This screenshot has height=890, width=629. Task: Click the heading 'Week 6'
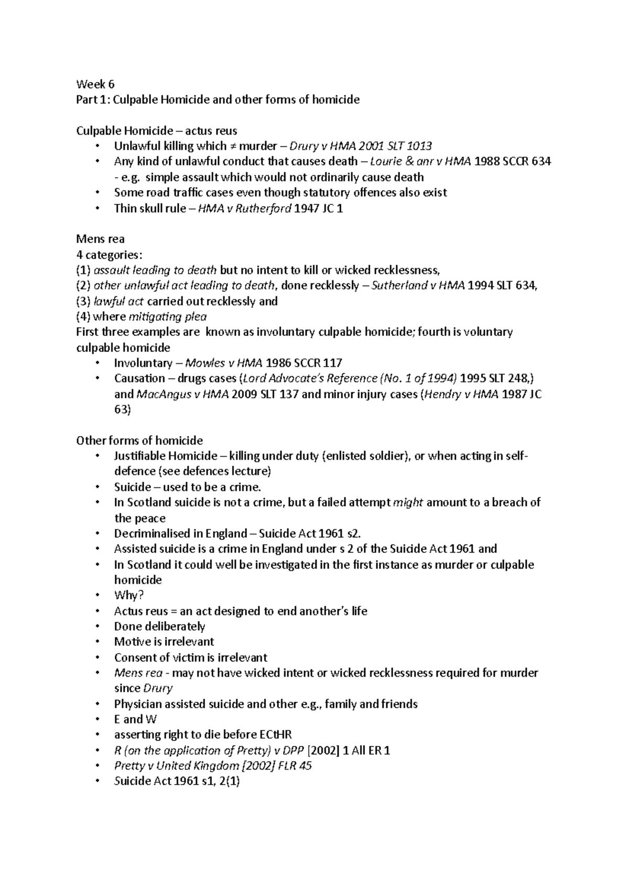tap(95, 84)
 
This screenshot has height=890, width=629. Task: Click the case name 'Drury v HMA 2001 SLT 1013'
tap(361, 146)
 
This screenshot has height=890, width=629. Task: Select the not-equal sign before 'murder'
tap(223, 146)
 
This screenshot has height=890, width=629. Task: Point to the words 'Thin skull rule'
tap(149, 208)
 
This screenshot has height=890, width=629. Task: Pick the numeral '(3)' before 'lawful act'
tap(83, 301)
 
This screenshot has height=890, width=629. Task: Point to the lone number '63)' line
tap(122, 409)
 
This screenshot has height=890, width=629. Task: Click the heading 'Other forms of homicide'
tap(139, 441)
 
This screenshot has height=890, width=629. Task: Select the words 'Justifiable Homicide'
tap(166, 456)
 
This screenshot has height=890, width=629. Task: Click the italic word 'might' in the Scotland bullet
tap(407, 503)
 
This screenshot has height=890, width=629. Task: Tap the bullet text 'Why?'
tap(129, 595)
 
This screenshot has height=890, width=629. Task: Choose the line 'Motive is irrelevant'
tap(164, 642)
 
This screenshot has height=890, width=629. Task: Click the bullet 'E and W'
tap(135, 720)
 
